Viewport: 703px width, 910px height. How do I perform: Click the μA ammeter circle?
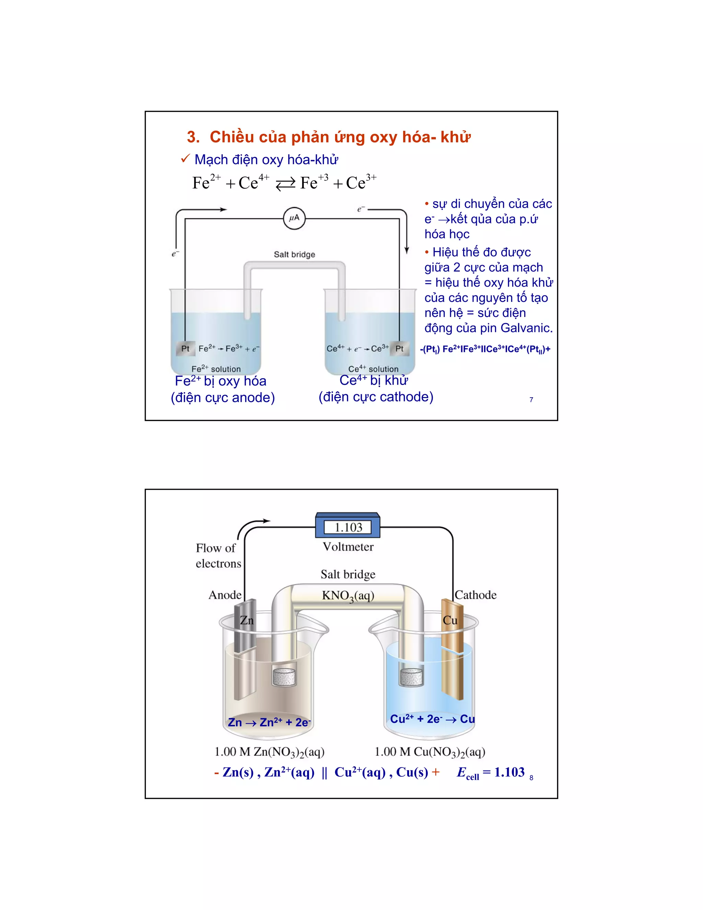click(294, 218)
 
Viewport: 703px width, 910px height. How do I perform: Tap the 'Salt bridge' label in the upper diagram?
click(294, 254)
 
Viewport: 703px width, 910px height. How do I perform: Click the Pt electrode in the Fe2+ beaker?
click(185, 348)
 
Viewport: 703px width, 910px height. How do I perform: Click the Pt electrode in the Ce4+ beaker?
click(399, 348)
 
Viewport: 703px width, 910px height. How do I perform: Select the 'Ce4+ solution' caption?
click(373, 369)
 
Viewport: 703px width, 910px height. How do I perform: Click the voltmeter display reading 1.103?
click(348, 527)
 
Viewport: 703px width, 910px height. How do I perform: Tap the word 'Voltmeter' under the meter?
click(348, 547)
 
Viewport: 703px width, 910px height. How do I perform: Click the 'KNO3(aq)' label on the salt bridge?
click(348, 596)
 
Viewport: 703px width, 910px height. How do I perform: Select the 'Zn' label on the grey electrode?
click(246, 621)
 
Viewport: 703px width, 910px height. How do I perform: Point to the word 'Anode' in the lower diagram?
click(225, 595)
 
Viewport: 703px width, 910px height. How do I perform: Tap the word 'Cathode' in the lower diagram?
click(476, 595)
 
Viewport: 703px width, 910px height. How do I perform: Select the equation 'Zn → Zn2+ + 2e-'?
click(269, 722)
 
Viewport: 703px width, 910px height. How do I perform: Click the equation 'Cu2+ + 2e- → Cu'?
click(432, 719)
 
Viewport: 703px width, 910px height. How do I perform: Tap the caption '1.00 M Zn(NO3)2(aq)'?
click(269, 752)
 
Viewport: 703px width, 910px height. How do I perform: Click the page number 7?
click(531, 400)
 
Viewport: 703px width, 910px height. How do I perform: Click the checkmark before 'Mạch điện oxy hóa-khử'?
click(185, 159)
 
